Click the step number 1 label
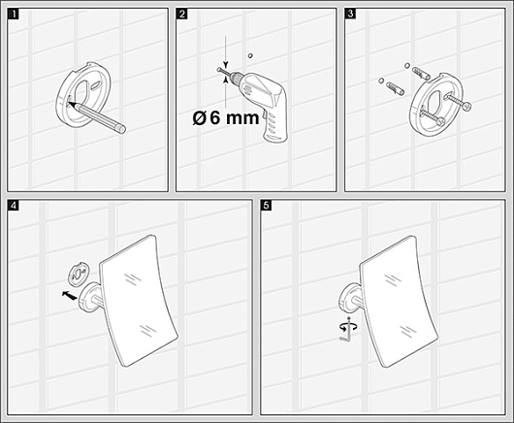tap(14, 15)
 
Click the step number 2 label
tap(182, 15)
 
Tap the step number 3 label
tap(351, 15)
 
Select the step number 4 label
tap(14, 206)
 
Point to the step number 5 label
tap(266, 206)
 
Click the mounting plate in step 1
tap(82, 94)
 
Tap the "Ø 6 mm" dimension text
tap(226, 117)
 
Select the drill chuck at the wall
tap(234, 77)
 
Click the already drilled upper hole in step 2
tap(251, 55)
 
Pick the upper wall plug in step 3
tap(421, 73)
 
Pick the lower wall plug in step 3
tap(396, 88)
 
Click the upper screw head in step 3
tap(466, 106)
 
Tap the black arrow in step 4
tap(70, 295)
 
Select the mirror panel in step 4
tap(139, 301)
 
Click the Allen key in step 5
tap(348, 330)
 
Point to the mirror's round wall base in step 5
tap(347, 298)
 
